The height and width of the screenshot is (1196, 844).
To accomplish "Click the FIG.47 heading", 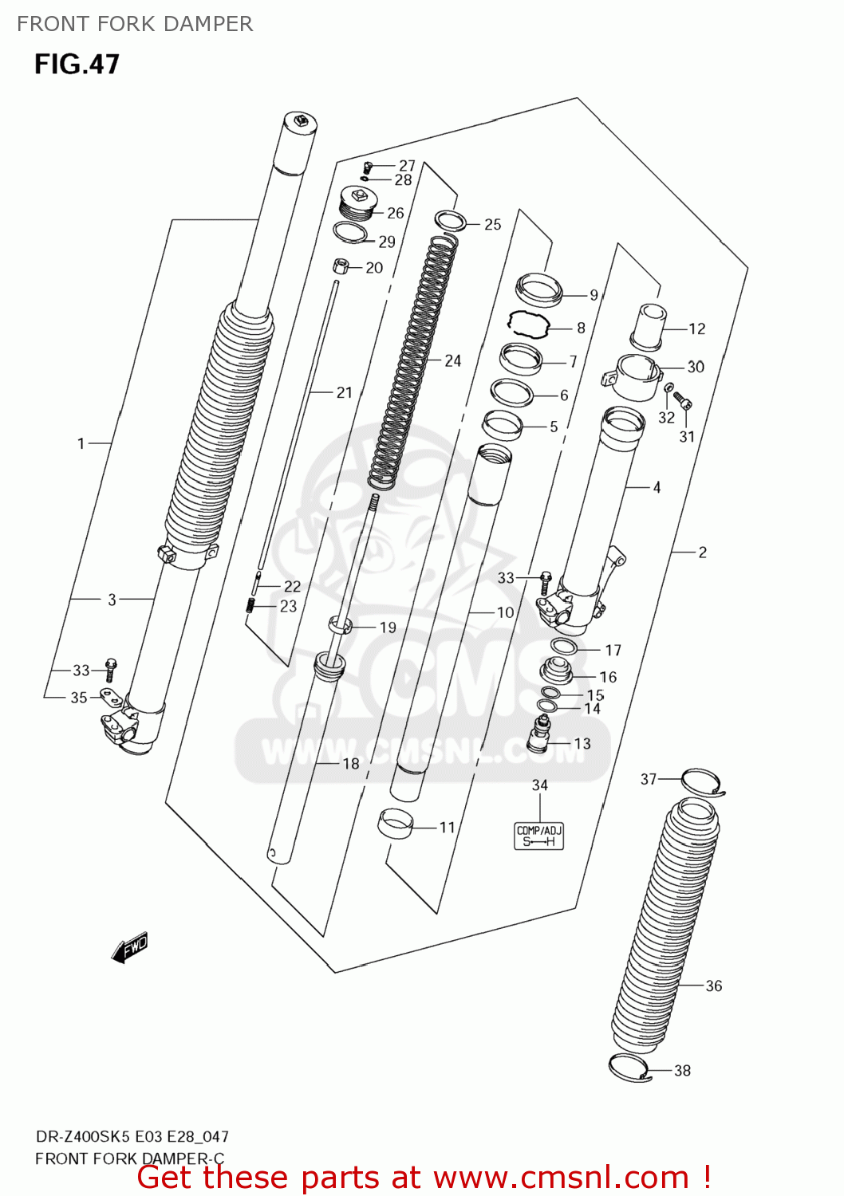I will (x=77, y=64).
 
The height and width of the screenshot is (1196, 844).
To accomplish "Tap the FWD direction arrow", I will (x=130, y=948).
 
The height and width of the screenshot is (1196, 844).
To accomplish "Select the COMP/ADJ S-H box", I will (x=539, y=836).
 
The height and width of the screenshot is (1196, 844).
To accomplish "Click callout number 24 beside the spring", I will (x=452, y=361).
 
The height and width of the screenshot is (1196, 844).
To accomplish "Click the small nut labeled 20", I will (x=340, y=266).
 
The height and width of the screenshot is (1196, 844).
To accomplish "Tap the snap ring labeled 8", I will (x=530, y=324).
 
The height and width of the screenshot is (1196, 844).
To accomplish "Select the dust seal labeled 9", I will (x=539, y=288).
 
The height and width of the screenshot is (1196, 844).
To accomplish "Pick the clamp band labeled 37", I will (x=701, y=781).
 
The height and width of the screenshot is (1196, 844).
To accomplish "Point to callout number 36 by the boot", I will (x=713, y=986).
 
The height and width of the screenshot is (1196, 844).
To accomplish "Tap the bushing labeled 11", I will (x=396, y=824).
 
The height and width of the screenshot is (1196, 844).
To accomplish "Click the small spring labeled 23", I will (x=250, y=606).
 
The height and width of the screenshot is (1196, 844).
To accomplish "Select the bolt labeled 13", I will (x=541, y=734).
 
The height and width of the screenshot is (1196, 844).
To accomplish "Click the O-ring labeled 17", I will (x=564, y=646).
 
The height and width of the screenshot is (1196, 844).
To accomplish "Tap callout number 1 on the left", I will (x=81, y=443).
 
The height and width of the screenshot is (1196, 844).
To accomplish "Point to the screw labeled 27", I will (x=368, y=167).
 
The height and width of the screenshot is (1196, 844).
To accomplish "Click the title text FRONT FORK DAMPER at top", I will (x=135, y=24).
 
